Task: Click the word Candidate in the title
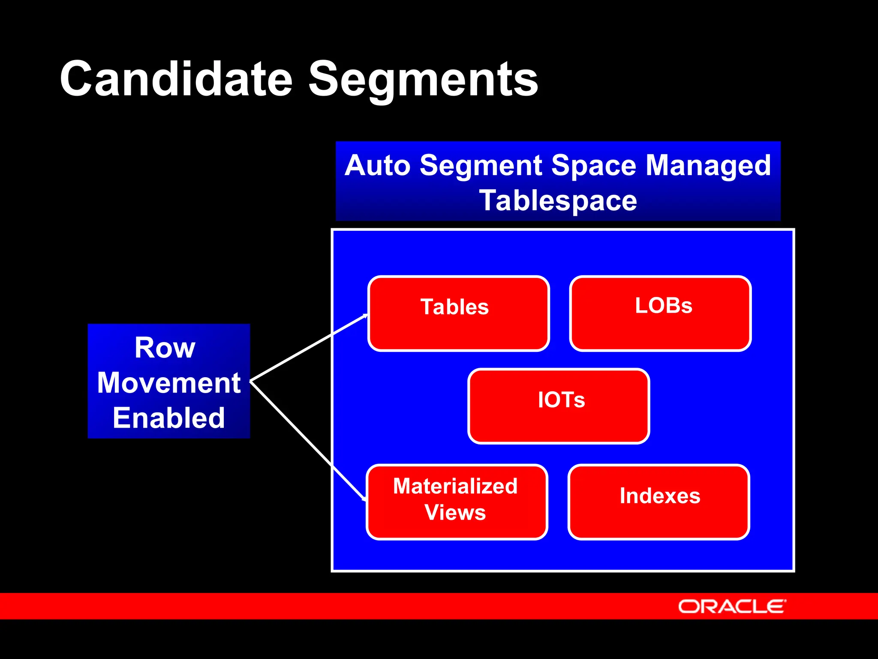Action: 176,79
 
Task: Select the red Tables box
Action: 458,314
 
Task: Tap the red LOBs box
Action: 660,314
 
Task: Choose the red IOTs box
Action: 559,406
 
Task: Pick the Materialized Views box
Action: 457,502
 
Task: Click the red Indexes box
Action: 659,502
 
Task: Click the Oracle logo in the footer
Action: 732,607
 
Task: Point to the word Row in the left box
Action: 165,348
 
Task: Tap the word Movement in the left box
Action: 169,383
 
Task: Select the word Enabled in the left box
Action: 169,418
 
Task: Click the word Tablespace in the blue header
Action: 558,201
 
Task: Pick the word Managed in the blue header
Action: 708,166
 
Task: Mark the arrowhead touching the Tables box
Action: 365,316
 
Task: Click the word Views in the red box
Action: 455,512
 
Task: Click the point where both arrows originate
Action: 251,381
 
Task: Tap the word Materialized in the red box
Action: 455,486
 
